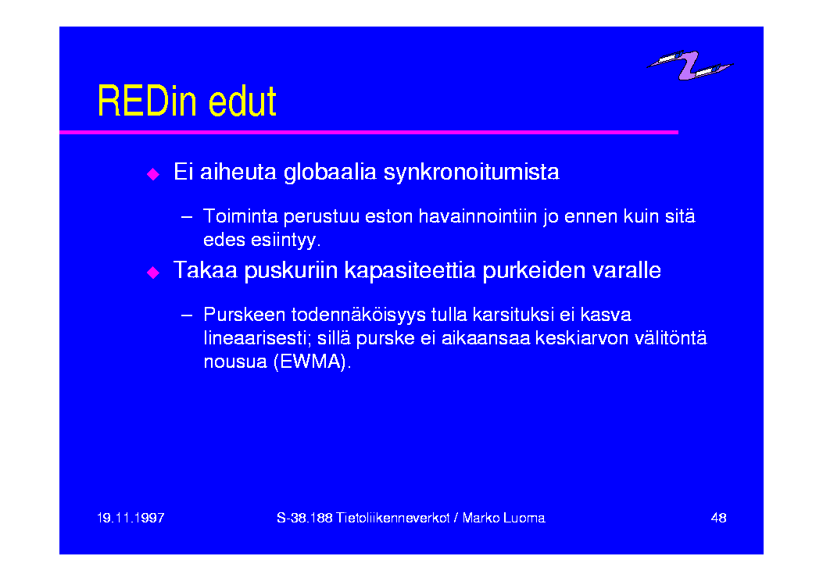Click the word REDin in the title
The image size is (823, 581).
(x=148, y=101)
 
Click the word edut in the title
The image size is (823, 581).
(x=242, y=101)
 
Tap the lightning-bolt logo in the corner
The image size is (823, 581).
(x=689, y=65)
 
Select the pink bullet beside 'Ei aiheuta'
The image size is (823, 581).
(x=152, y=174)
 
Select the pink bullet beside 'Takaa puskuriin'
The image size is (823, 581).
(x=152, y=272)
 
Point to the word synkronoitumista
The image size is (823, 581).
(x=471, y=172)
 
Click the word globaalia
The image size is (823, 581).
(x=330, y=172)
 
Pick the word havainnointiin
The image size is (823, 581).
(x=478, y=216)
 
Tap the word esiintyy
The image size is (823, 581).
(x=285, y=241)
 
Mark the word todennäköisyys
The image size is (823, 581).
(x=359, y=315)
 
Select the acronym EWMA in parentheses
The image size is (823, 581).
(x=313, y=362)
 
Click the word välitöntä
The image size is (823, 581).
(x=671, y=338)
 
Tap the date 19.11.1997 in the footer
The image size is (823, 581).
(x=131, y=518)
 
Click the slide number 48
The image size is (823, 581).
(x=718, y=518)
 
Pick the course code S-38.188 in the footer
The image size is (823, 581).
(x=305, y=518)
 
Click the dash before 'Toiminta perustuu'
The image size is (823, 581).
(x=186, y=216)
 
